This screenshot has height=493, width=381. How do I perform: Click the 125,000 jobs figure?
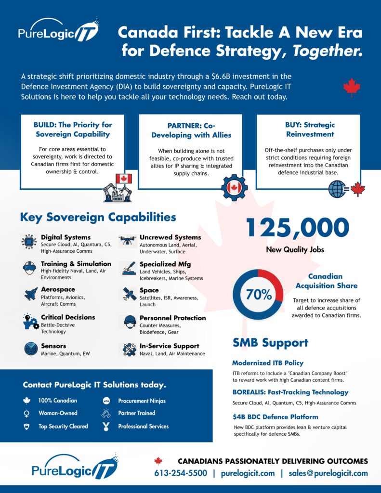(297, 228)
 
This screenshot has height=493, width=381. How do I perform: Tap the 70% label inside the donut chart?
(259, 295)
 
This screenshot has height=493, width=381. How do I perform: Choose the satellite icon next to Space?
(128, 294)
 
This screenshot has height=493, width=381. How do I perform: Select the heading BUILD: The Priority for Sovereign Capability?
(73, 129)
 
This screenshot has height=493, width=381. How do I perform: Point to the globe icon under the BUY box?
(337, 189)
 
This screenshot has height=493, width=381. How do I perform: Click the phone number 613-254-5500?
(181, 473)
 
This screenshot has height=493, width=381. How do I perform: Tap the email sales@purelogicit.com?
(328, 473)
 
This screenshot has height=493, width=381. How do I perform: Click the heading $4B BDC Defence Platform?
(275, 416)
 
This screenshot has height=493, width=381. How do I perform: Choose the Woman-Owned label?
(58, 413)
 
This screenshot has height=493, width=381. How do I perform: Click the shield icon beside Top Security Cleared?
(26, 427)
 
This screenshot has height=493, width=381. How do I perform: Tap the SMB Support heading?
(270, 343)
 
